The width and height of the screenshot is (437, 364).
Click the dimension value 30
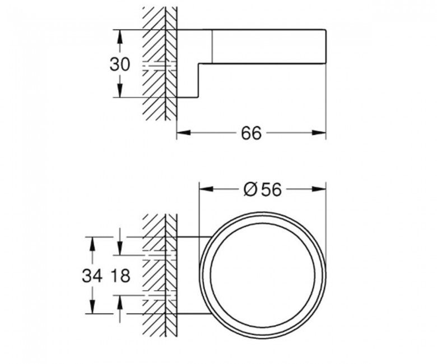click(x=120, y=64)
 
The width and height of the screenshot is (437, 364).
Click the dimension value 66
click(x=252, y=133)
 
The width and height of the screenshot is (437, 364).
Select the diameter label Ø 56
click(x=263, y=190)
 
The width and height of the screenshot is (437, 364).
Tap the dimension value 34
click(x=92, y=276)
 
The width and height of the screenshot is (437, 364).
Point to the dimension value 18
click(x=120, y=276)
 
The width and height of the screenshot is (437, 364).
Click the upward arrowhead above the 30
click(x=120, y=36)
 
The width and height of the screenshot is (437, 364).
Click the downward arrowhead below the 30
click(x=120, y=91)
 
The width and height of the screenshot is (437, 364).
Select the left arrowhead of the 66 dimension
click(x=184, y=133)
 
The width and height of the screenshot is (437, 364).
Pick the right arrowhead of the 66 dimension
click(x=319, y=133)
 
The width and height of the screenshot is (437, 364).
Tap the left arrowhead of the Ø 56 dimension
click(x=206, y=189)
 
